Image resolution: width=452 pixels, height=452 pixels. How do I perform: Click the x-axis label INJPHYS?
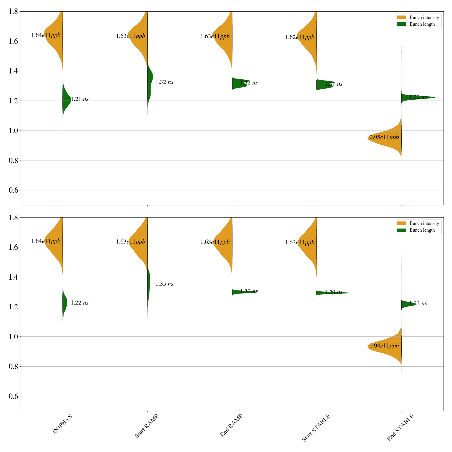(x=62, y=424)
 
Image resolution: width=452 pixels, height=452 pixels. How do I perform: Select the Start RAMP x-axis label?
(x=146, y=426)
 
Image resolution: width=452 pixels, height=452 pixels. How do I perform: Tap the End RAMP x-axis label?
(x=231, y=425)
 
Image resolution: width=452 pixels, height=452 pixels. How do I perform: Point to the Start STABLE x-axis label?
(x=316, y=428)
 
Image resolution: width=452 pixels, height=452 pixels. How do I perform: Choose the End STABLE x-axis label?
(x=400, y=427)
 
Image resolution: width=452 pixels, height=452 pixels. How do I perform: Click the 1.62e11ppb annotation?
(x=300, y=37)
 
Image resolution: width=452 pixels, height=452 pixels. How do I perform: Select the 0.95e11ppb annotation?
(x=384, y=137)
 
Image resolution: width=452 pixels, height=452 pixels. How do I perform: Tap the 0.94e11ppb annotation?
(x=384, y=345)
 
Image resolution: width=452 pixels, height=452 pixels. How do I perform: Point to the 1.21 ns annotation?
(x=80, y=99)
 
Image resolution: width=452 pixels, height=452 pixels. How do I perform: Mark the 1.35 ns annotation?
(x=164, y=284)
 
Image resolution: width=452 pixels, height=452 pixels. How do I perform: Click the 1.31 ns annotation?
(x=334, y=84)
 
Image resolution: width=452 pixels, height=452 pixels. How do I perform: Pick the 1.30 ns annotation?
(x=249, y=292)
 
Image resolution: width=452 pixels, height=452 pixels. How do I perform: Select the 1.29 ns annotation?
(x=334, y=292)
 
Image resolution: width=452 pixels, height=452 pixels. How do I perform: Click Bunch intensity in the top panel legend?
(x=424, y=18)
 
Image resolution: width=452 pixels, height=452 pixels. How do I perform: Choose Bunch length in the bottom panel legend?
(x=422, y=230)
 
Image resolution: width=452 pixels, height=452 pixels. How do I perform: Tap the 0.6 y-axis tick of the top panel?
(x=14, y=190)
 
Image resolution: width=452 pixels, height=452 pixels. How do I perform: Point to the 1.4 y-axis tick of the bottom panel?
(x=14, y=277)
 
